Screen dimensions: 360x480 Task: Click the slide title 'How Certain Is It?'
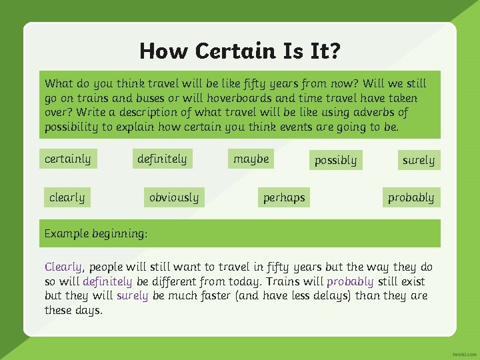point(239,51)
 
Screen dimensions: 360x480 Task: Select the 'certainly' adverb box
point(67,159)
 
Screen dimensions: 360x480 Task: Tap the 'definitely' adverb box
point(162,159)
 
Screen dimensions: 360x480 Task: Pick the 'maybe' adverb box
point(251,159)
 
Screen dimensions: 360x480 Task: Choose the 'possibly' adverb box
point(335,160)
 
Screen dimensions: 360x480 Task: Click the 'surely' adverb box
point(418,160)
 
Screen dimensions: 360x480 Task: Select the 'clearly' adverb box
point(67,197)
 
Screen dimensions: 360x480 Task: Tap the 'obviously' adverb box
point(174,197)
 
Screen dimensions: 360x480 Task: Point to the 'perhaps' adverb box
point(284,197)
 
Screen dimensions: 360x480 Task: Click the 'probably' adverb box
point(411,197)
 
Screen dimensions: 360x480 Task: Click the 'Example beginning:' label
point(96,233)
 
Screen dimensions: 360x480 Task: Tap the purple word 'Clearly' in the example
point(63,267)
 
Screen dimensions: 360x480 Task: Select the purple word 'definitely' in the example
point(107,281)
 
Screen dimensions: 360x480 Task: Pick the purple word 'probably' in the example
point(349,281)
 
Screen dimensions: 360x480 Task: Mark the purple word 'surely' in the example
point(132,295)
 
